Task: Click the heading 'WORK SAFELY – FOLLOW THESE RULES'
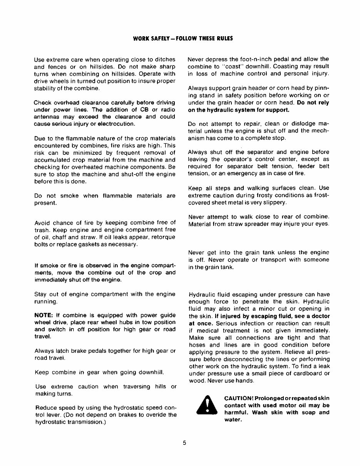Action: point(183,39)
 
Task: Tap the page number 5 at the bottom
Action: point(184,443)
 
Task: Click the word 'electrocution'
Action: point(116,124)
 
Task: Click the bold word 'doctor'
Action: point(318,316)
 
